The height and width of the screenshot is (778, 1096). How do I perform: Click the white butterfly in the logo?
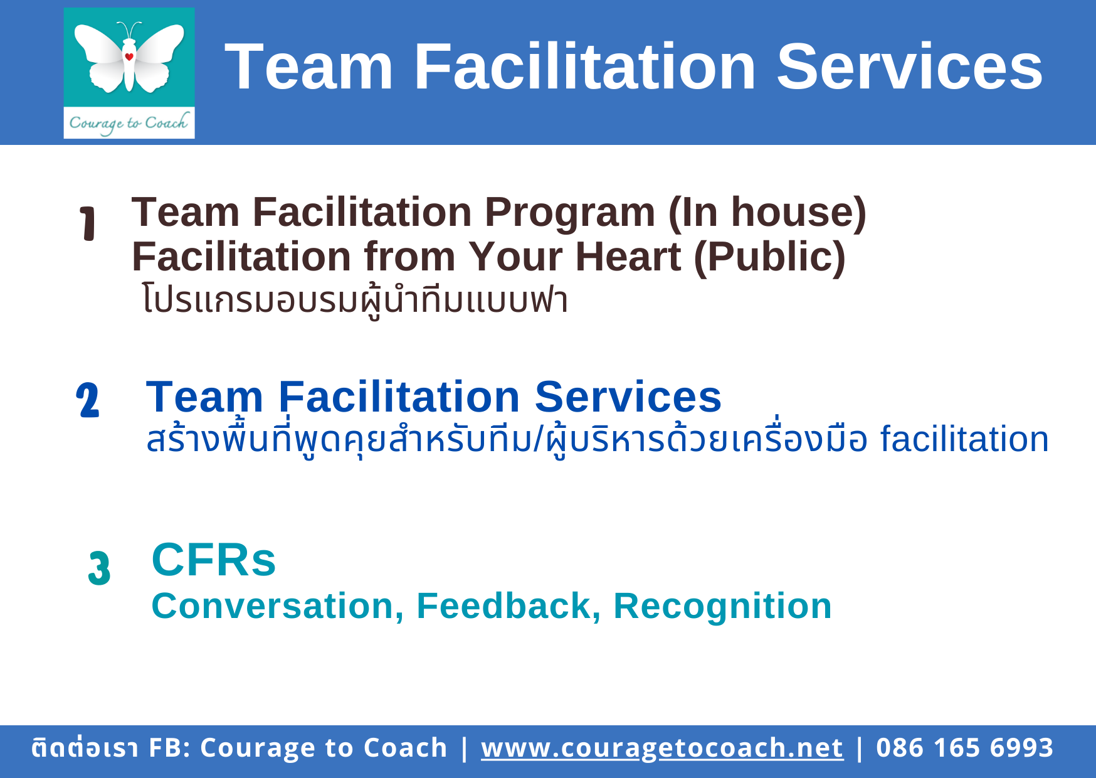click(129, 58)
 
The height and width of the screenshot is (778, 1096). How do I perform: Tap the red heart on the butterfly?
click(129, 56)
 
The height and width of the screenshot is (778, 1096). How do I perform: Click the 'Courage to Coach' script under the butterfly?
click(129, 122)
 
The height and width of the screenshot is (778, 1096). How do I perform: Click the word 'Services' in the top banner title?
click(909, 67)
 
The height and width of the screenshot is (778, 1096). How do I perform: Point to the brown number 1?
click(88, 223)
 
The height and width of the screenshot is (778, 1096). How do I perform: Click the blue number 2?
click(88, 400)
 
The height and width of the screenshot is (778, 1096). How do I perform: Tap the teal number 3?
click(99, 568)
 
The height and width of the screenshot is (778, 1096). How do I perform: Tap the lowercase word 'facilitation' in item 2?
click(964, 439)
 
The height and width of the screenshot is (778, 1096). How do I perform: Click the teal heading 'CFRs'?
click(214, 560)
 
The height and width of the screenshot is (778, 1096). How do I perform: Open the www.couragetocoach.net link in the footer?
click(662, 748)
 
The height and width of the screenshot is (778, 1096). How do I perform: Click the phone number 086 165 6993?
click(964, 748)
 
